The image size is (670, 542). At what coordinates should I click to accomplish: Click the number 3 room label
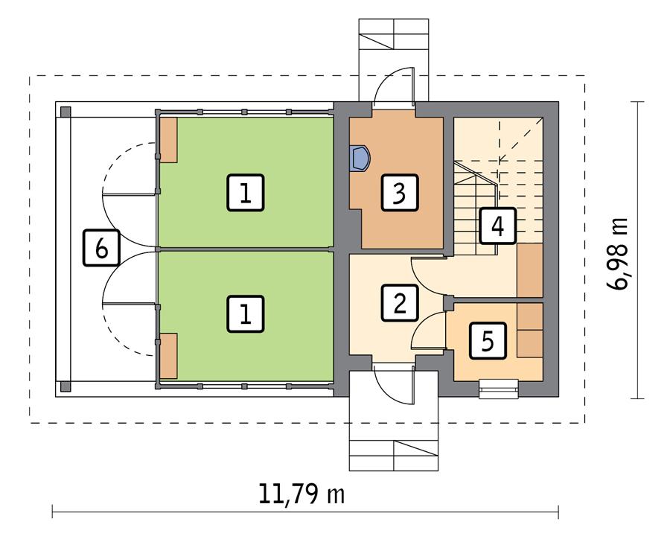click(399, 194)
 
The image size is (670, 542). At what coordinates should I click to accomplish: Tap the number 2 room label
click(399, 302)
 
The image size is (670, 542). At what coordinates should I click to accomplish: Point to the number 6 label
click(102, 248)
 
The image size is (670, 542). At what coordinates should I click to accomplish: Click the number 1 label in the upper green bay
click(245, 194)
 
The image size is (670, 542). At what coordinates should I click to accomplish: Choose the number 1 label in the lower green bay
click(245, 313)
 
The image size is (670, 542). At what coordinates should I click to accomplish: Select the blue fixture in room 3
click(360, 158)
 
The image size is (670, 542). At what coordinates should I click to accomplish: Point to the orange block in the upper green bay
click(168, 139)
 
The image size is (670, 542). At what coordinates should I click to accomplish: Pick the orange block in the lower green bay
click(168, 356)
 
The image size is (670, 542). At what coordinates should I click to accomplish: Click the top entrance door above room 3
click(394, 86)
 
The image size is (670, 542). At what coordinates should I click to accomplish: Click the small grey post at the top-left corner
click(66, 112)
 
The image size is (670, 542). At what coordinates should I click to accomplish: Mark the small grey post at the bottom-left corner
click(66, 386)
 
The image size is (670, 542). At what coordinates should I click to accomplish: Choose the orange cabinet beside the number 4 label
click(530, 270)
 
